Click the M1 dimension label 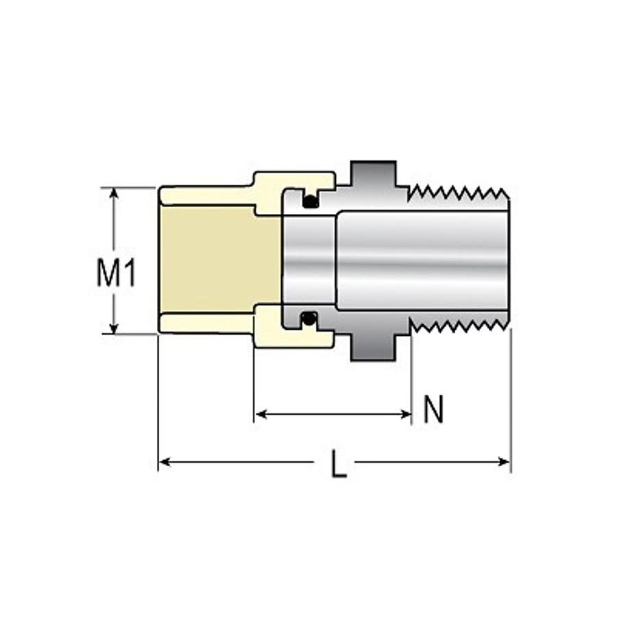[116, 274]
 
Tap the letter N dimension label [433, 411]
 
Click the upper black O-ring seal [311, 202]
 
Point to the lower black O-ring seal [310, 318]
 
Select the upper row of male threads [458, 192]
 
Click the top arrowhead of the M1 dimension [114, 193]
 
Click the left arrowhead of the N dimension [261, 413]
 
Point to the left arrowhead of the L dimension [165, 463]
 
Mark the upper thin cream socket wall [206, 195]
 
